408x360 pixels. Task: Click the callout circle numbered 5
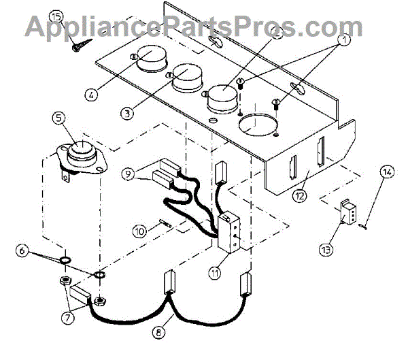coord(60,120)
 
